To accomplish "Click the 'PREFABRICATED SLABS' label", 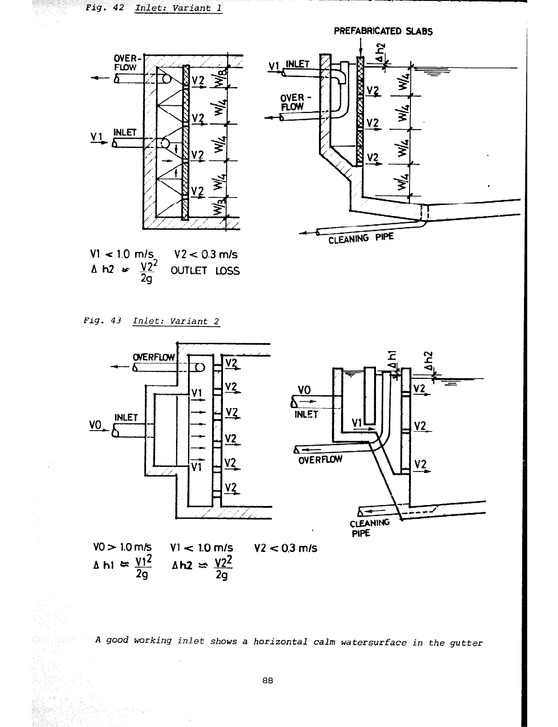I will click(x=383, y=31).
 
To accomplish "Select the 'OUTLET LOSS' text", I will click(x=205, y=271).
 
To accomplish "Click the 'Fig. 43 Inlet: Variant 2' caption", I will click(x=152, y=321).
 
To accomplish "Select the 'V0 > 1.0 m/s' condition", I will click(x=122, y=548).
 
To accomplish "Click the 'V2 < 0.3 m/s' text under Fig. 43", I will click(x=285, y=548).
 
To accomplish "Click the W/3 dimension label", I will click(x=220, y=207).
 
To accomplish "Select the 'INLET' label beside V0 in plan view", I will click(x=126, y=417).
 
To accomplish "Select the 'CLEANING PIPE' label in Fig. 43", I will click(x=370, y=527).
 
